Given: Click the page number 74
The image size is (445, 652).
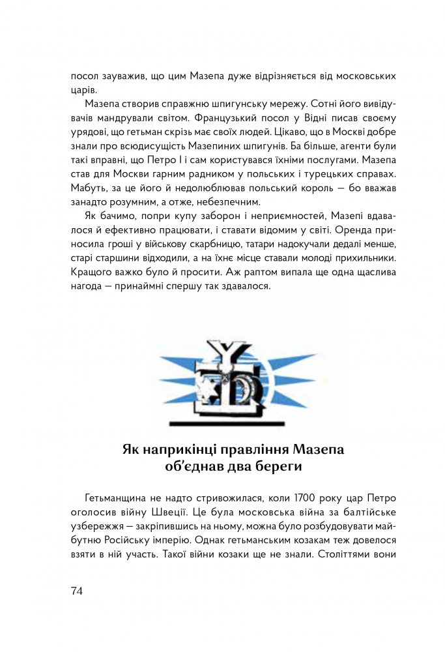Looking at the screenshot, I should click(x=78, y=591).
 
